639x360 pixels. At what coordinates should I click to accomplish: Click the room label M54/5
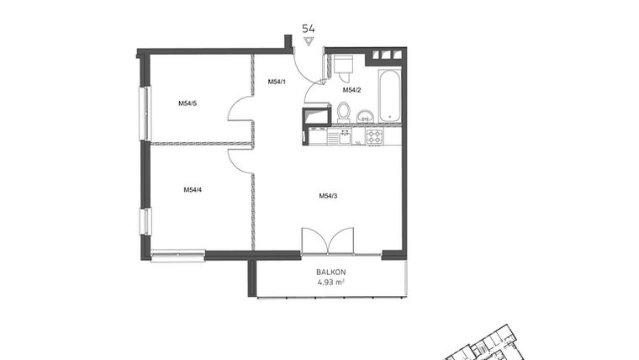tap(187, 103)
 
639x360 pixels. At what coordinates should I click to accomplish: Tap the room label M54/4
tap(193, 190)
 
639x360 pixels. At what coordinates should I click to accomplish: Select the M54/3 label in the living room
tap(328, 196)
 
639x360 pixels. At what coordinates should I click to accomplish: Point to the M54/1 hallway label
tap(277, 82)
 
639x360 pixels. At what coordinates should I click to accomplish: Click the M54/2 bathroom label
tap(351, 90)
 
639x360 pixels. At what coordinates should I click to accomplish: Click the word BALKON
tap(330, 272)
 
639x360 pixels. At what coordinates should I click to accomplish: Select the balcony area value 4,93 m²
tap(330, 283)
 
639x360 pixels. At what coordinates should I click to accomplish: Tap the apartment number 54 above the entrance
tap(309, 28)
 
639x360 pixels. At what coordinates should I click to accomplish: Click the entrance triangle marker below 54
tap(309, 40)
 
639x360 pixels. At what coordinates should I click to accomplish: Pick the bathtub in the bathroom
tap(389, 97)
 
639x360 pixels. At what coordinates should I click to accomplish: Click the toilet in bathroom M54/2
tap(343, 111)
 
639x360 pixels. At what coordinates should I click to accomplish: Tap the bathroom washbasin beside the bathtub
tap(365, 115)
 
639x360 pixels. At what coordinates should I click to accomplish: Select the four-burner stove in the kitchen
tap(374, 135)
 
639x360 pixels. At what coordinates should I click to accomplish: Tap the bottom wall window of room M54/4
tap(178, 254)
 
